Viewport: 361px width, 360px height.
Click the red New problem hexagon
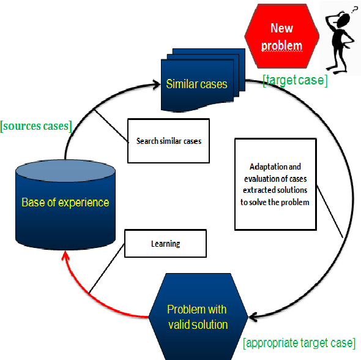[281, 36]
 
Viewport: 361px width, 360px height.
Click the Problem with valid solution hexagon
[198, 316]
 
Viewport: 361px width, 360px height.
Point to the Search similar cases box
[168, 141]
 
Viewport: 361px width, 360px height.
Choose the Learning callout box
[165, 244]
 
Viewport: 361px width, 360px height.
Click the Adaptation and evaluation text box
[275, 184]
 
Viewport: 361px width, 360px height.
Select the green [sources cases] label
[36, 127]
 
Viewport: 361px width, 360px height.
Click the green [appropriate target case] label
[299, 342]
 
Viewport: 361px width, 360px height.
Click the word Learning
[165, 244]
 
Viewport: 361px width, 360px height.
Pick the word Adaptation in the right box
[266, 167]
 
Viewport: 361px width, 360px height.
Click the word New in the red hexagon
[281, 28]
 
